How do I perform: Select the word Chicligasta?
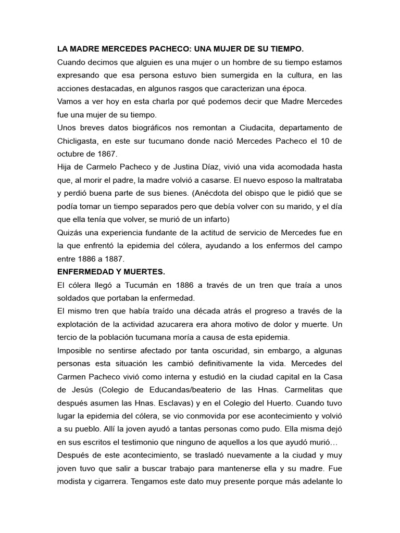click(x=78, y=141)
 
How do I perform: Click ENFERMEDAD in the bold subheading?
click(x=87, y=272)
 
